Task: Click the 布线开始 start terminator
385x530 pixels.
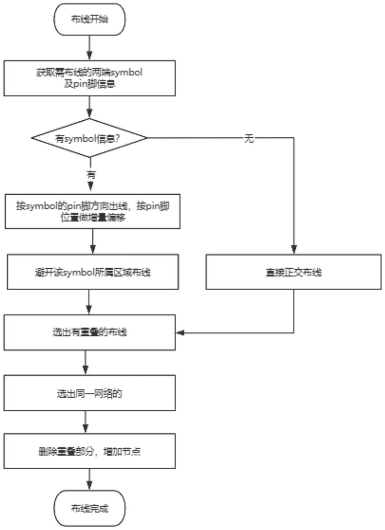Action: coord(89,19)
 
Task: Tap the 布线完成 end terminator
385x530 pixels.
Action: coord(89,508)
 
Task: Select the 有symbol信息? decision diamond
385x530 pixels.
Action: coord(89,138)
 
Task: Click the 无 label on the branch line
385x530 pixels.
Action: coord(249,139)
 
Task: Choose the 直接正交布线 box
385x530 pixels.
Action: coord(293,272)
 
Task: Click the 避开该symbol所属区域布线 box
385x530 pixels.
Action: coord(93,272)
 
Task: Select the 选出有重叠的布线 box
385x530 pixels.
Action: coord(89,332)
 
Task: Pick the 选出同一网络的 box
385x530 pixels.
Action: coord(89,393)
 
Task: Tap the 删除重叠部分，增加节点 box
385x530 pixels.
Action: coord(89,451)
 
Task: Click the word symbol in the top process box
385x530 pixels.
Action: coord(127,72)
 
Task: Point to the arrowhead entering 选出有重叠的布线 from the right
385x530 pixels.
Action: coord(180,333)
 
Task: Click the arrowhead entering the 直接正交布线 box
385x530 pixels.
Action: coord(294,250)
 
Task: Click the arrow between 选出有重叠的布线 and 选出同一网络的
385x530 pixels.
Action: coord(86,363)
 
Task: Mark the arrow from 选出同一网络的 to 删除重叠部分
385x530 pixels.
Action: coord(86,422)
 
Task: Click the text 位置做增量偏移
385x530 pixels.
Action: coord(93,217)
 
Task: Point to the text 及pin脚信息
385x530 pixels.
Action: coord(89,84)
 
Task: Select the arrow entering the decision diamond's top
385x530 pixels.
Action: coord(89,107)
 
